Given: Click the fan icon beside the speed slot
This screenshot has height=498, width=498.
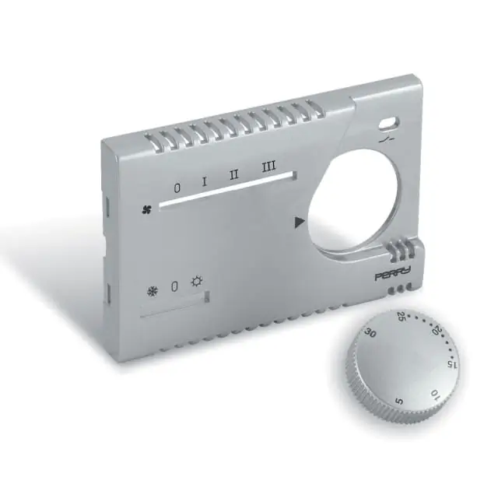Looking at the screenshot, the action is point(147,209).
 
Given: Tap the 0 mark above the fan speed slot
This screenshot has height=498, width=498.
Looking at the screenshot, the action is point(177,188).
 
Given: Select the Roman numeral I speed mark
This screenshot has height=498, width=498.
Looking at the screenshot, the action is point(205,181).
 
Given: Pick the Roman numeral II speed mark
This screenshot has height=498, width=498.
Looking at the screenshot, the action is point(234,174).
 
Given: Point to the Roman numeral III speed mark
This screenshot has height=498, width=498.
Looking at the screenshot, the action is point(269,167).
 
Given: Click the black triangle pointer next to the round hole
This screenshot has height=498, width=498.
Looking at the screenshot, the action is point(300,223).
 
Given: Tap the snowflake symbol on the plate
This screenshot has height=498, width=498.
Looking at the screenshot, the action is point(153,292).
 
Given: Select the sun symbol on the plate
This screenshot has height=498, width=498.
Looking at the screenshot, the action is point(197,282).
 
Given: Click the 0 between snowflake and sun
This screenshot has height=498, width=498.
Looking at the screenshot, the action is point(174,286).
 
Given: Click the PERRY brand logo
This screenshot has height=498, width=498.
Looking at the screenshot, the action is point(393,274).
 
